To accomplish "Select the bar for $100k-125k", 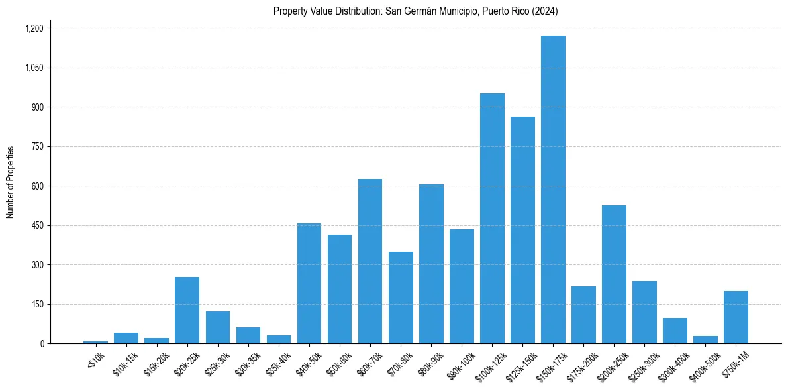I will pos(492,219).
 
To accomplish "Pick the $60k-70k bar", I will pos(370,261).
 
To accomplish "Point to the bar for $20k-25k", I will pos(187,310).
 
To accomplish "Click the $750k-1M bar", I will pos(736,317).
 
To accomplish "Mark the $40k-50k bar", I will pos(309,284).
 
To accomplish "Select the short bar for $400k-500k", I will pos(705,340).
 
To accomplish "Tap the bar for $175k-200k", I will pos(583,315).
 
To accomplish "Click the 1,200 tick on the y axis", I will pos(34,28).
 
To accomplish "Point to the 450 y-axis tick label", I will pos(37,225).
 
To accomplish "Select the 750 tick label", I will pos(37,146).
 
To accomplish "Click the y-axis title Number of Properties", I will pos(10,182).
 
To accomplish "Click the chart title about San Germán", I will pos(416,11).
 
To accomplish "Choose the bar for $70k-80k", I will pos(401,298).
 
